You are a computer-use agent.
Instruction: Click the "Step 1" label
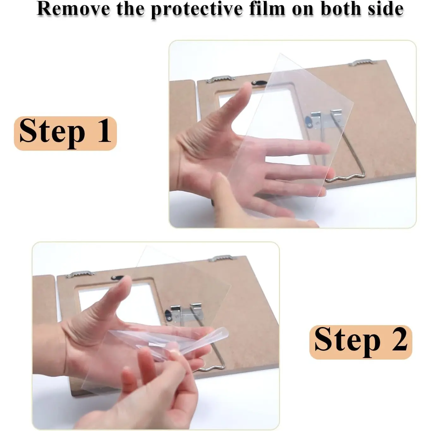[65, 133]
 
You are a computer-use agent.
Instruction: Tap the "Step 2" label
[361, 342]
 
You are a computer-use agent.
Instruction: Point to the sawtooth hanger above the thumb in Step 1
[220, 79]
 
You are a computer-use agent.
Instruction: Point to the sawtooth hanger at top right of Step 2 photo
[222, 258]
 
